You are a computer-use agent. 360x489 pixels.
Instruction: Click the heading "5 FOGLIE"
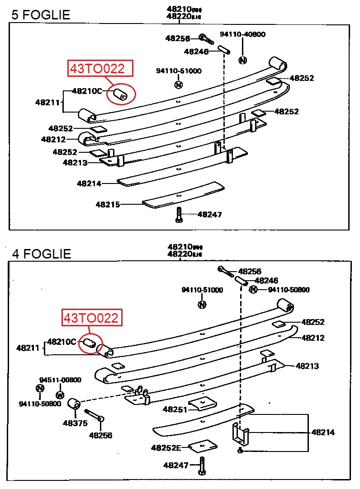(41, 15)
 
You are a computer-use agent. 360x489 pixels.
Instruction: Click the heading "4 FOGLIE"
(42, 254)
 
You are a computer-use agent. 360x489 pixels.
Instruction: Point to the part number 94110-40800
(242, 34)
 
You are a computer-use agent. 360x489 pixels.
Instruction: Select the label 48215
(108, 205)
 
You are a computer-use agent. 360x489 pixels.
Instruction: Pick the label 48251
(175, 409)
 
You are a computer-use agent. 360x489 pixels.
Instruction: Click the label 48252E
(166, 448)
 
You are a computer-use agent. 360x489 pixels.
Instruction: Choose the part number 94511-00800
(60, 380)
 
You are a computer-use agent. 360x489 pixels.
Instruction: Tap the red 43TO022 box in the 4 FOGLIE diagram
(92, 318)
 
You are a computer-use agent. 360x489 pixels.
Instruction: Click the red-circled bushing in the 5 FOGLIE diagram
(121, 94)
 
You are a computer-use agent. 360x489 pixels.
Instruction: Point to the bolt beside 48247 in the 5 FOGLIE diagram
(179, 215)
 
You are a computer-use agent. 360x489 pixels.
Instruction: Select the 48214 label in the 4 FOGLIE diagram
(323, 433)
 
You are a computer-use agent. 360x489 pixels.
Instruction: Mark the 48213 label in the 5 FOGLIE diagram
(75, 163)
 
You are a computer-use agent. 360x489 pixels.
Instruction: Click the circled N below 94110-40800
(243, 60)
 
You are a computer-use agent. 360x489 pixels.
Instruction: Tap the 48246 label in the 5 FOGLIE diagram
(196, 52)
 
